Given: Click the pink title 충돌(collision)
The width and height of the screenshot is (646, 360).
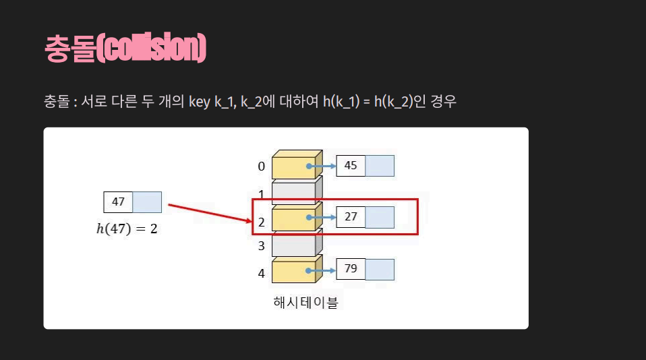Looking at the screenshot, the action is [125, 49].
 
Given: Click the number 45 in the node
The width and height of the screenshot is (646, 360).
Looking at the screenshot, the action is [351, 165].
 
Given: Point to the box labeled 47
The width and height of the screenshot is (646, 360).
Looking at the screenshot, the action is [118, 202].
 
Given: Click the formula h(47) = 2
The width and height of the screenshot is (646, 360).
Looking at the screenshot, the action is [127, 229].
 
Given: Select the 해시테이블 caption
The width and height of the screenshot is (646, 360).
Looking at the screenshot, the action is [305, 302].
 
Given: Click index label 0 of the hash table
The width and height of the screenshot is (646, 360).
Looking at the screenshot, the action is [262, 167].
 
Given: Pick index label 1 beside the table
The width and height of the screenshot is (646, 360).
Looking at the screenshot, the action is [262, 194].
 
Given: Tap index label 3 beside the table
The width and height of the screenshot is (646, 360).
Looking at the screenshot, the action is [262, 246].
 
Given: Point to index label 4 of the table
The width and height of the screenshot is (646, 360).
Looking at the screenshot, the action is [262, 273].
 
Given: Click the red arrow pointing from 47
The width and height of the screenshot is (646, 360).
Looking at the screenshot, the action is [208, 212].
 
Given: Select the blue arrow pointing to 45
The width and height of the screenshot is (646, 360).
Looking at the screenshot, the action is [322, 166].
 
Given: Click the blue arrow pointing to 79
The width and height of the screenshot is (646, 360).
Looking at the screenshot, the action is [322, 270].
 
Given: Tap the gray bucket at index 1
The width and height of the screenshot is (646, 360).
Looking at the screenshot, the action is [294, 192].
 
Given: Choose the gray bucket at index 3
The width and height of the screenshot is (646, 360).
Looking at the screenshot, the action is [294, 245].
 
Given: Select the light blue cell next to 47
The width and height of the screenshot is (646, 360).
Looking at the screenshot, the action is [147, 202].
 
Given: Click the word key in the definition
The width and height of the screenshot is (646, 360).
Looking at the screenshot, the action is [200, 102].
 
